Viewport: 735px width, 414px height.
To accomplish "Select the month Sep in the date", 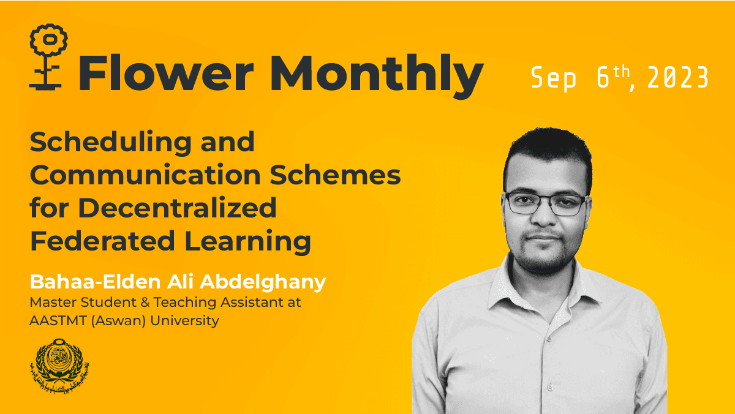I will tap(554, 78).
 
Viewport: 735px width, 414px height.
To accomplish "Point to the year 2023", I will tap(677, 78).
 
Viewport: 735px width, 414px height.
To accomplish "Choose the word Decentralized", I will tap(177, 208).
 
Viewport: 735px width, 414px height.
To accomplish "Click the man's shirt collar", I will tap(539, 288).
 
